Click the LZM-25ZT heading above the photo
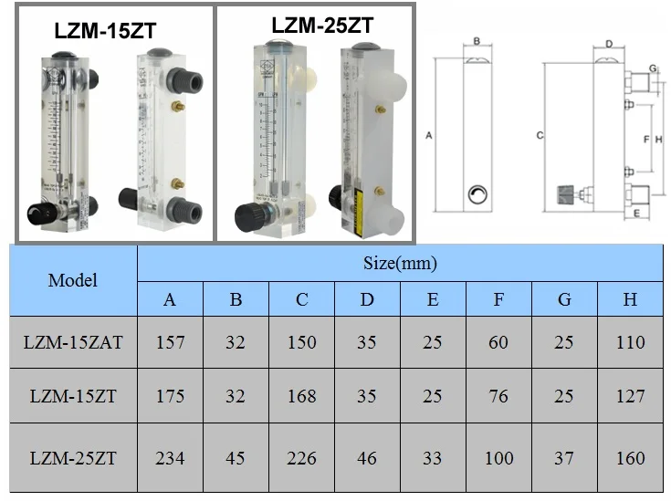[x=322, y=26]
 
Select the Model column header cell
[x=73, y=280]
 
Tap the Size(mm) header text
[x=400, y=264]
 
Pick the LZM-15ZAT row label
[x=73, y=342]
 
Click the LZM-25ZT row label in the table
[x=73, y=457]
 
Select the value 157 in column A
[x=170, y=342]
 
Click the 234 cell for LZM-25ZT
[x=170, y=457]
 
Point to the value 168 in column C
[x=301, y=396]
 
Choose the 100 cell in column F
[x=498, y=457]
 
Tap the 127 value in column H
[x=630, y=396]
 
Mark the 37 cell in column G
[x=564, y=457]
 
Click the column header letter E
[x=433, y=299]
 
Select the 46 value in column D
[x=367, y=457]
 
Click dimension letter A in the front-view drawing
[x=428, y=134]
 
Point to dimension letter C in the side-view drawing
[x=540, y=135]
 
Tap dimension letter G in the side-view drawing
[x=653, y=69]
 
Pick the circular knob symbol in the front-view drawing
[x=477, y=193]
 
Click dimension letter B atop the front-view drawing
[x=477, y=41]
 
